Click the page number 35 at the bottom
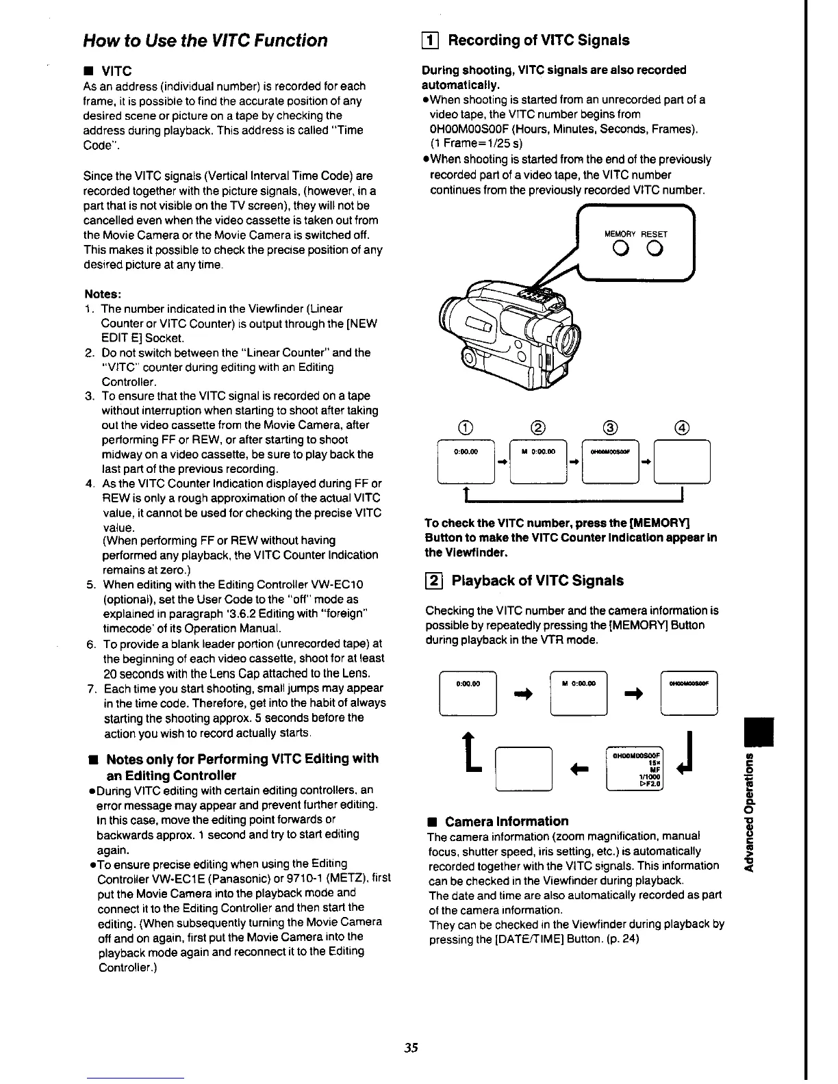click(x=411, y=1048)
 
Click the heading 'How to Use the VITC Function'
click(x=205, y=40)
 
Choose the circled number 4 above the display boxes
click(x=682, y=428)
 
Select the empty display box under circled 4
click(x=683, y=462)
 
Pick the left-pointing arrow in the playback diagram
click(x=579, y=770)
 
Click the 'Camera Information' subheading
click(x=507, y=821)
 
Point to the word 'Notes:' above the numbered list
click(x=103, y=294)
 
